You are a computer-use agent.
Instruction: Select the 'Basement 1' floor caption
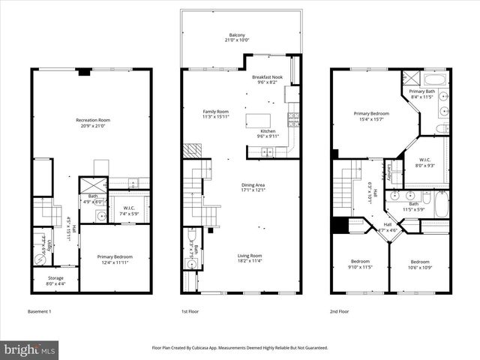[x=41, y=311]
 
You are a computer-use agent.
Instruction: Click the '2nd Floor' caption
[x=340, y=311]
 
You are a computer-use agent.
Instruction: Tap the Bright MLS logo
[x=30, y=349]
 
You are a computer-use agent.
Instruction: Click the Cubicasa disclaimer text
[x=240, y=348]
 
